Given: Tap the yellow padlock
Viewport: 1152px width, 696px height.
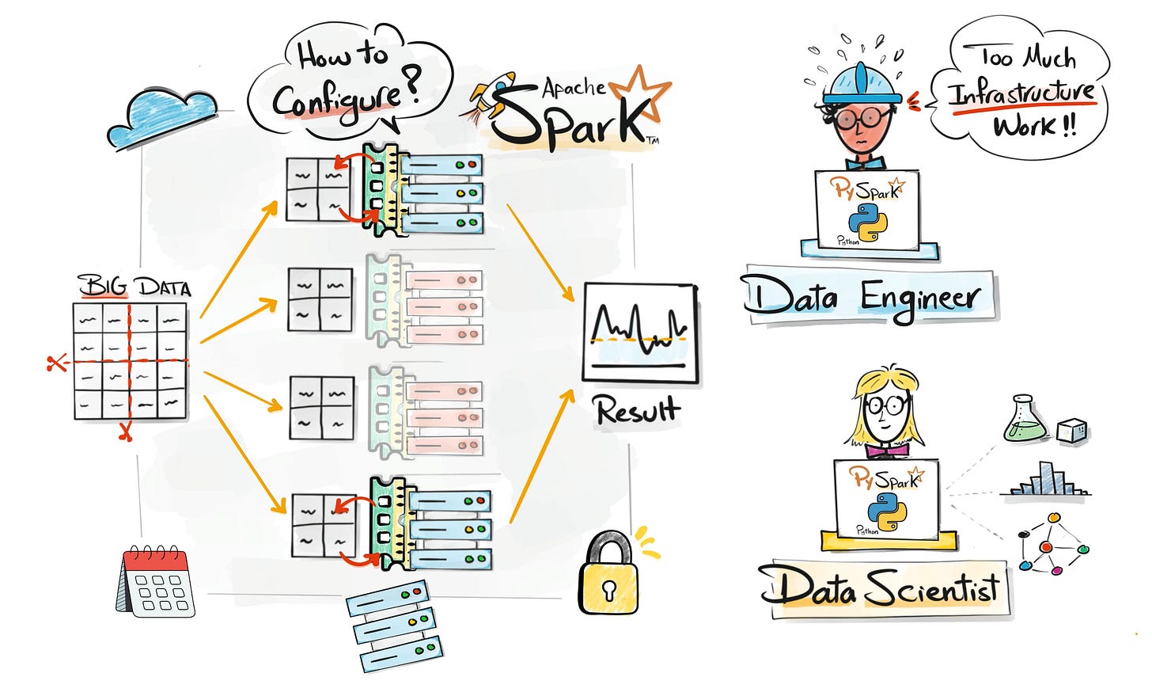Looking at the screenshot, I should [x=607, y=575].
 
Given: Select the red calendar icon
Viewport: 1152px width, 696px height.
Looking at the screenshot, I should [x=157, y=581].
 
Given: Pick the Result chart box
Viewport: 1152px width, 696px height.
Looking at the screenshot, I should [x=641, y=333].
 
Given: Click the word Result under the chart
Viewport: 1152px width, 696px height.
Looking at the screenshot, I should [x=637, y=410].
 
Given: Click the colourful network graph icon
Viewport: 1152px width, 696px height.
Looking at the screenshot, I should [x=1053, y=545].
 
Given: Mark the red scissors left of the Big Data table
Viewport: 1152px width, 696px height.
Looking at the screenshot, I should [x=55, y=364].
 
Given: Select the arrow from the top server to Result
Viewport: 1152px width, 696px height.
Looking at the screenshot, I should [x=540, y=252].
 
